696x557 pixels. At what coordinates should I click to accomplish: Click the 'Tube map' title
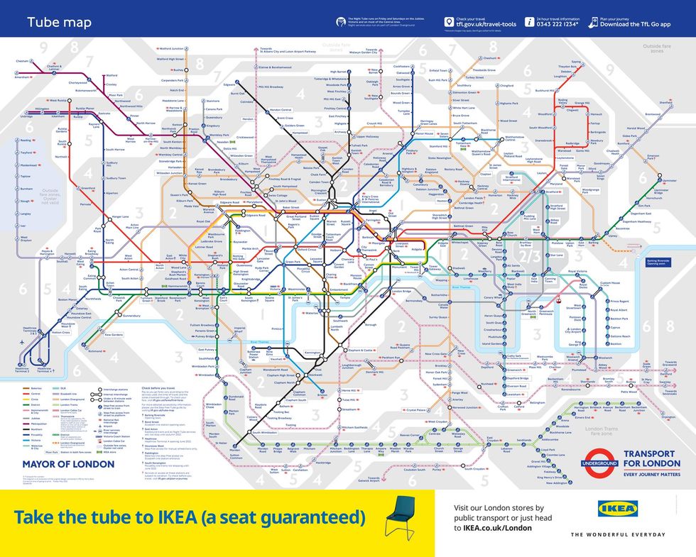coord(49,22)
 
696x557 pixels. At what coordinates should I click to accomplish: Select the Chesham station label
coord(23,61)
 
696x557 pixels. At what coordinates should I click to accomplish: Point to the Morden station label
coord(235,448)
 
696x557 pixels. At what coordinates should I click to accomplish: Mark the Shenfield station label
coord(665,102)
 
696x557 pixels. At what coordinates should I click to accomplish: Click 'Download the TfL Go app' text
coord(635,24)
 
